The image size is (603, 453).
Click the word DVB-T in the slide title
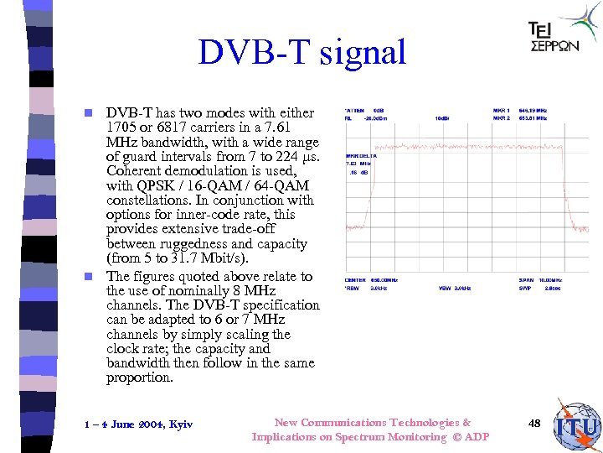[246, 52]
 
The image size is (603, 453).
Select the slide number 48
[534, 424]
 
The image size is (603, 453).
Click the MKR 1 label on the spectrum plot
[501, 110]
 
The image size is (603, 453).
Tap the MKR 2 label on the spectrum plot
[501, 117]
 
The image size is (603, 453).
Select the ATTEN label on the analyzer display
[355, 110]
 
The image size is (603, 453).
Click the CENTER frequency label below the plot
[356, 279]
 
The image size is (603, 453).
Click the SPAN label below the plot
[524, 279]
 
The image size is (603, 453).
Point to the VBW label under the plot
[445, 287]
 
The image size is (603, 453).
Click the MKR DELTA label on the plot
[361, 156]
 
